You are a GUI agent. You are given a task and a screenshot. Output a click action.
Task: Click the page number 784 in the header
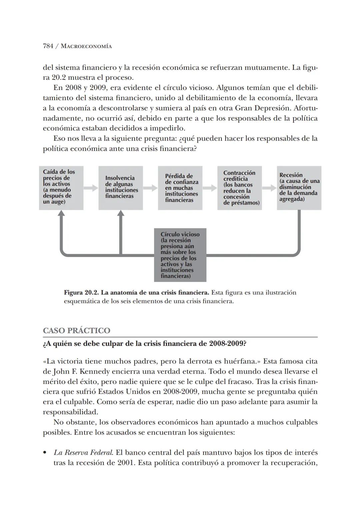pos(48,46)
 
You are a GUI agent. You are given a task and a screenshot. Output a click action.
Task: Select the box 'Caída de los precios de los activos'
pos(61,188)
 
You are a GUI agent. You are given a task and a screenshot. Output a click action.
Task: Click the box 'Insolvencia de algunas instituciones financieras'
pos(121,188)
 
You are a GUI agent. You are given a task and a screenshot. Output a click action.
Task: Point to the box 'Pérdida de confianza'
pos(180,188)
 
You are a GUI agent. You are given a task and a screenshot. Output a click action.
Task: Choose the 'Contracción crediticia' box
pos(239,188)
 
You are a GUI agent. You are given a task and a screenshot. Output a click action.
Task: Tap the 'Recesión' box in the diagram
pos(299,188)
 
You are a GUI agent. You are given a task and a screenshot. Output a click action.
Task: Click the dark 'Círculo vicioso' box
pos(180,255)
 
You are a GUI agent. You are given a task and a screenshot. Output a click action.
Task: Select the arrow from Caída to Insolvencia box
pos(91,188)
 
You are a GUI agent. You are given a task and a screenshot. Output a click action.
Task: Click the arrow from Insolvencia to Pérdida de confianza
pos(150,188)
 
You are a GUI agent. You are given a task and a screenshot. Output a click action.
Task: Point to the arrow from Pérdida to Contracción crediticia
pos(210,188)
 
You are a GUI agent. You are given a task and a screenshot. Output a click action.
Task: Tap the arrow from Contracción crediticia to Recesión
pos(269,188)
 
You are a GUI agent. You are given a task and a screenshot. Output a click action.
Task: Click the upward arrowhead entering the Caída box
pos(61,214)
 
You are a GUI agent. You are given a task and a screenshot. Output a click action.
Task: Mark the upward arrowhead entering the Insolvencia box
pos(121,214)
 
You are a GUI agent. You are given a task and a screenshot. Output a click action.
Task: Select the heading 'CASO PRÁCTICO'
pos(76,331)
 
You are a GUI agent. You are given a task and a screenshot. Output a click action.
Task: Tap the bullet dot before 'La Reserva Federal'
pos(45,453)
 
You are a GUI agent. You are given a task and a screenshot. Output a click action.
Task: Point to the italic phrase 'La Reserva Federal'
pos(83,453)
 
